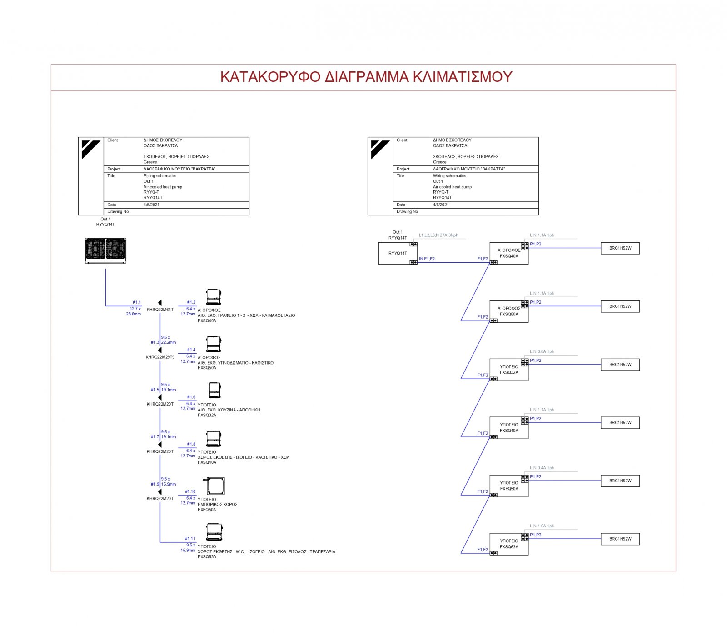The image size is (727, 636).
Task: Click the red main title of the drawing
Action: [366, 77]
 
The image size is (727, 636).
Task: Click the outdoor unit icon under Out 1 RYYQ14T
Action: [105, 250]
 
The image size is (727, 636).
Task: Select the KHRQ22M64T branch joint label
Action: [160, 310]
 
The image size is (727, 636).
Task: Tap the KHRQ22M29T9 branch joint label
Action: [160, 357]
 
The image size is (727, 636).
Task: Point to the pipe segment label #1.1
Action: [137, 302]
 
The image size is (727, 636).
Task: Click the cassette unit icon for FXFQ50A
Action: [215, 486]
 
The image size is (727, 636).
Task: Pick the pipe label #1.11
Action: [190, 539]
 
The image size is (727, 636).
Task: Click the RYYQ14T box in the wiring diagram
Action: [398, 254]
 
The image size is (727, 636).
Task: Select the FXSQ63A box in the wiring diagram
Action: [509, 544]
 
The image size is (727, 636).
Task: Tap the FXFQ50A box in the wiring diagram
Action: [509, 486]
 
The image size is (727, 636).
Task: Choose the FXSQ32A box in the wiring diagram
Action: [509, 370]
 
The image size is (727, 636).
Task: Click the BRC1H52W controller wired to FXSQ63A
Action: [620, 539]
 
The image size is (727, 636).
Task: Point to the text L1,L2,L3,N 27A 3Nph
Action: [438, 235]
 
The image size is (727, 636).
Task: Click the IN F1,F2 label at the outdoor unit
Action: [427, 259]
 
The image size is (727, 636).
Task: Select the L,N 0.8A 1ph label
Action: [542, 352]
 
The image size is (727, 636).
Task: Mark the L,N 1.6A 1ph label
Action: [542, 526]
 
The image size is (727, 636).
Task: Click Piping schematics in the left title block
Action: [160, 176]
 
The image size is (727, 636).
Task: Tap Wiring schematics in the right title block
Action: [449, 176]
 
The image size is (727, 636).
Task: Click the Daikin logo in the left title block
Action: [91, 150]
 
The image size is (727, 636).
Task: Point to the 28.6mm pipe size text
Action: [134, 314]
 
